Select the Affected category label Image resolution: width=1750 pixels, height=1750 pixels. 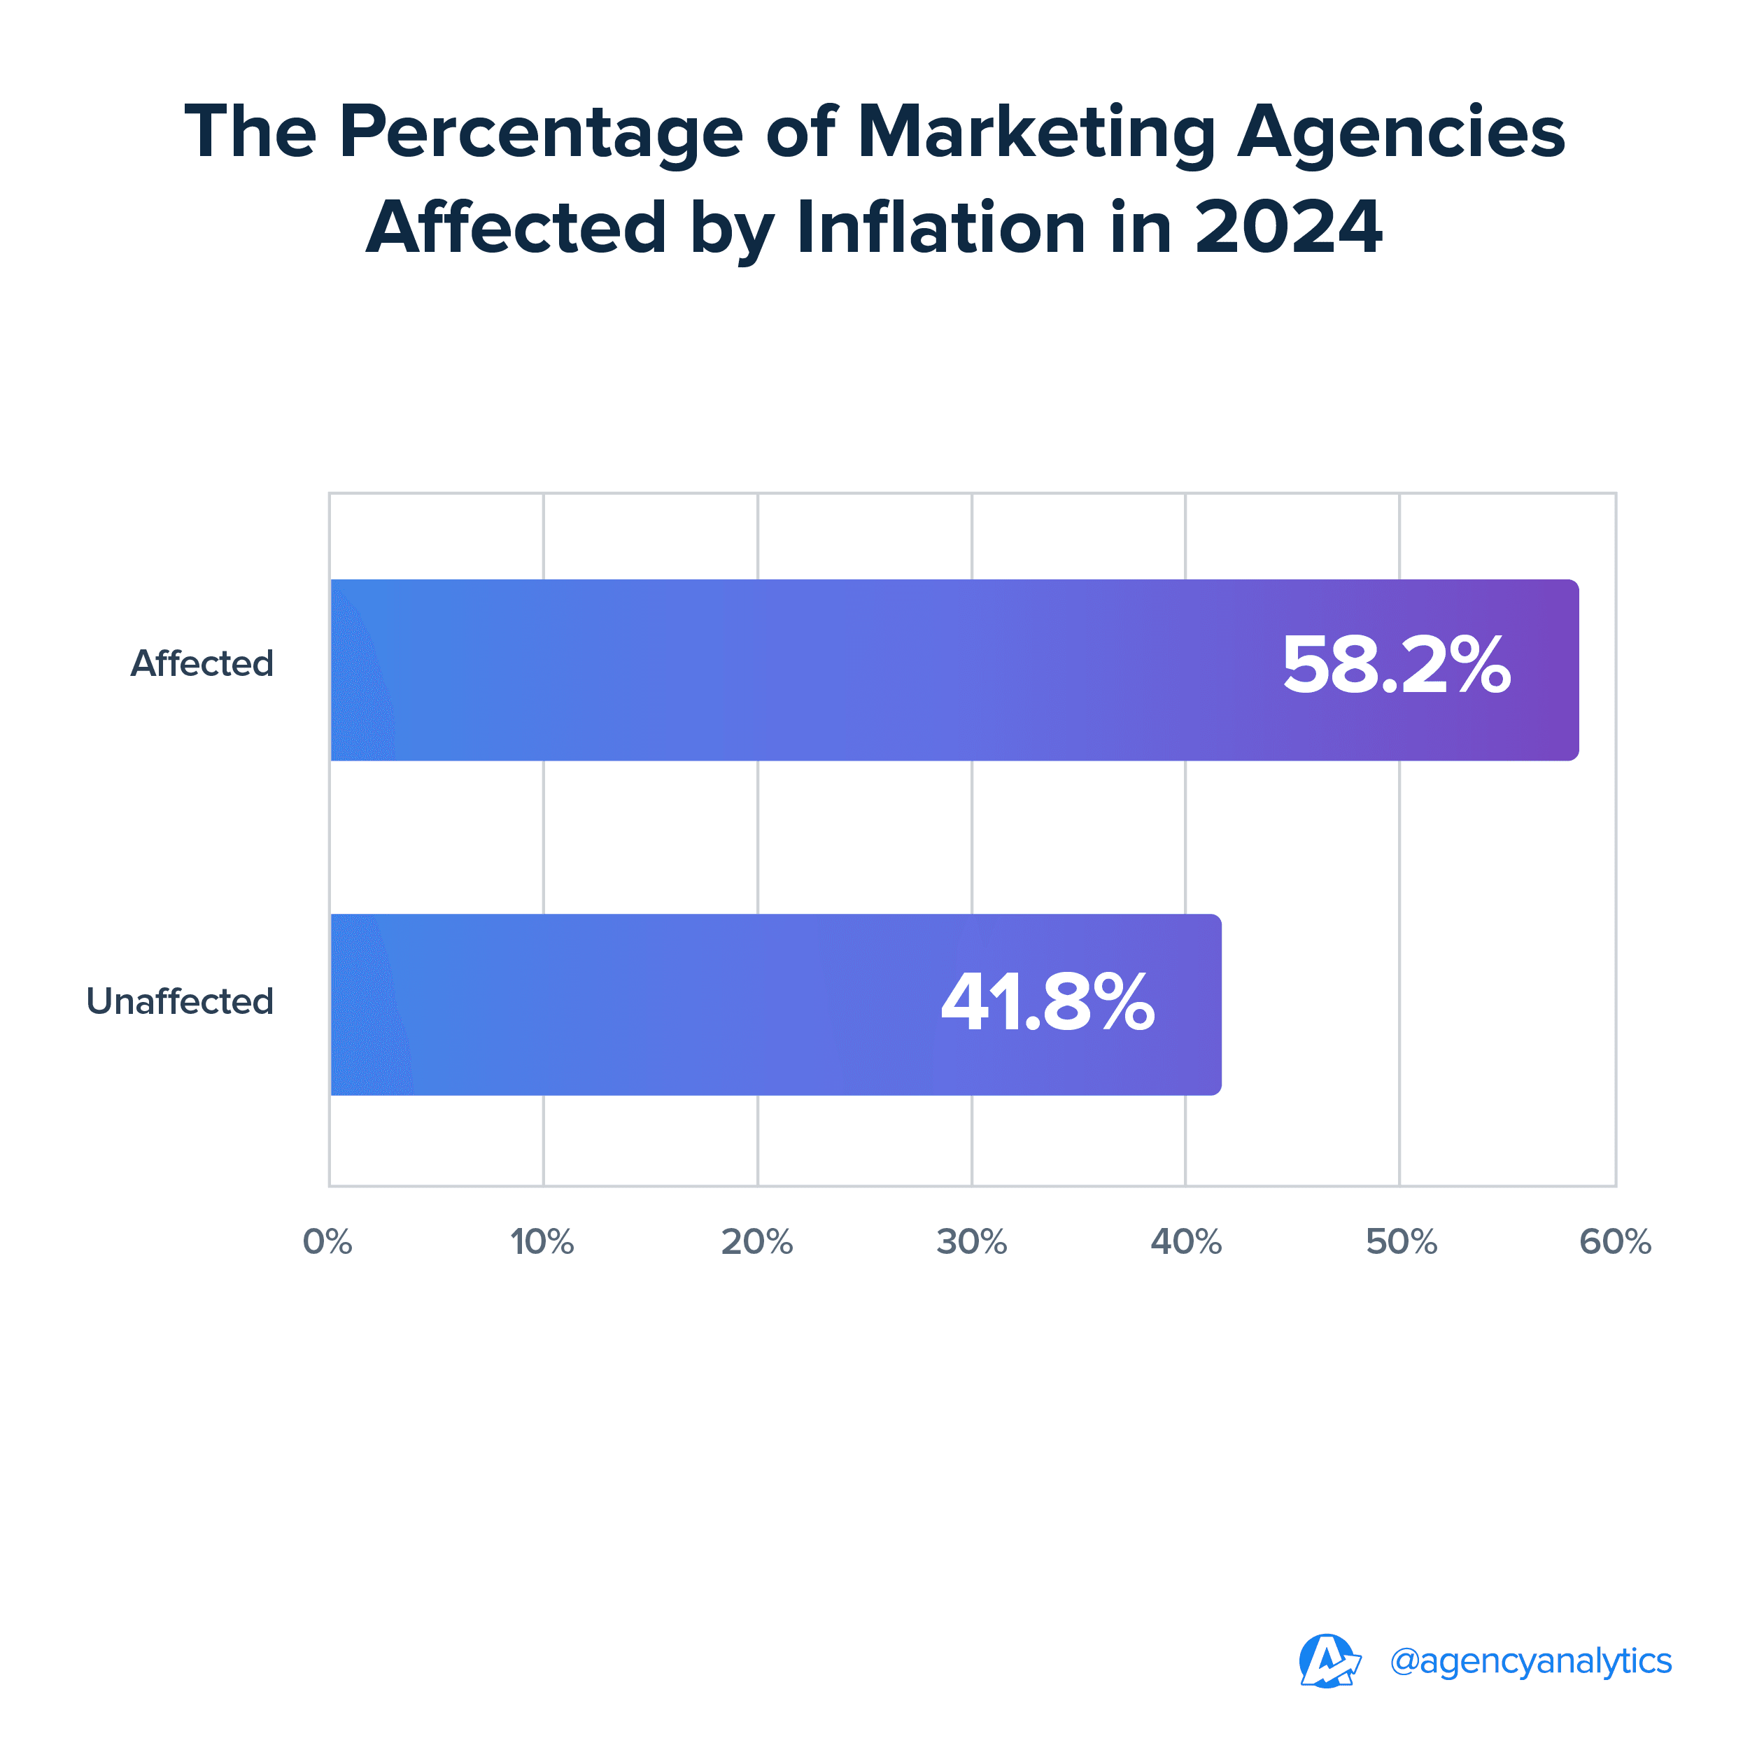202,664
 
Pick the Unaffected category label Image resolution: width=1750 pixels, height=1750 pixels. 179,1002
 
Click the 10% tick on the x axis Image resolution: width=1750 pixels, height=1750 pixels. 542,1242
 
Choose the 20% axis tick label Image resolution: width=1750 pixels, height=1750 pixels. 756,1242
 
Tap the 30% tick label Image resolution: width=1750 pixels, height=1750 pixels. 971,1242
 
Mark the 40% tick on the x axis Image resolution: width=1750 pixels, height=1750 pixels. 1186,1242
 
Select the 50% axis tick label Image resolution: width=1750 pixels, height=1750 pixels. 1400,1242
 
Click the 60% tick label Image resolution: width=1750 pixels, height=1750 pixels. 1615,1242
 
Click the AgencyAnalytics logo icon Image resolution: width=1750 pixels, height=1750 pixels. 1329,1661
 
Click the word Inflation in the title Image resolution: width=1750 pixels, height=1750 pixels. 940,227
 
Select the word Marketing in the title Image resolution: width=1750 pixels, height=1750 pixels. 1036,132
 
